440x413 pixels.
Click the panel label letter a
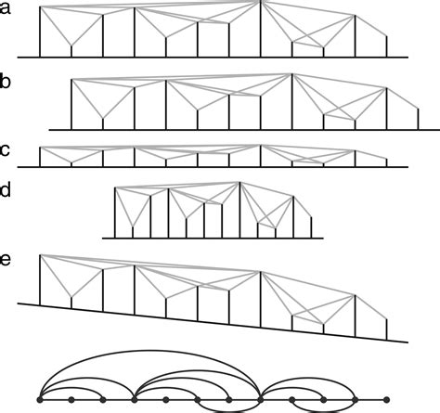[5, 8]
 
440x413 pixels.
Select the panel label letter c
[5, 150]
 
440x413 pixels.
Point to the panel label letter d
[5, 189]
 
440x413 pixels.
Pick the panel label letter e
[5, 260]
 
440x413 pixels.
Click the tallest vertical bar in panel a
[261, 29]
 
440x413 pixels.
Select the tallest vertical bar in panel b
[291, 102]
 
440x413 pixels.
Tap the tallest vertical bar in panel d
[239, 210]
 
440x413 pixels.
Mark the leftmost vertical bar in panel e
[40, 280]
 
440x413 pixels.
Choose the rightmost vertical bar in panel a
[386, 46]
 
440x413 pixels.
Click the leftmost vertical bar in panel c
[40, 157]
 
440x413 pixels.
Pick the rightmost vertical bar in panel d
[311, 227]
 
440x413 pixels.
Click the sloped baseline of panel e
[213, 323]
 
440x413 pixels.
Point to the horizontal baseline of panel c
[213, 167]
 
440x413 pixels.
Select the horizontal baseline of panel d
[213, 239]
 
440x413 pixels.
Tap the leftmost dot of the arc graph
[40, 400]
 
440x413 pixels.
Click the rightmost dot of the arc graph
[386, 400]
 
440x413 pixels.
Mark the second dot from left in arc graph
[71, 400]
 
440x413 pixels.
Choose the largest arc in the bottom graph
[150, 350]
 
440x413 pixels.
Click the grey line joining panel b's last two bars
[402, 98]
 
